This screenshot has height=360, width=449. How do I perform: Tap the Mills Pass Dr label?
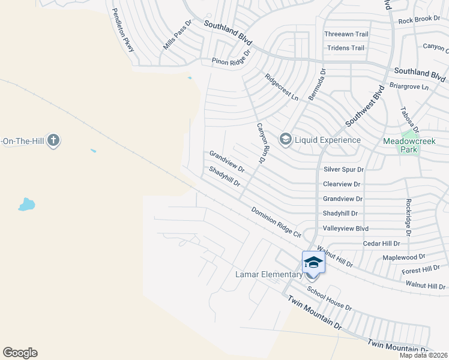tap(178, 35)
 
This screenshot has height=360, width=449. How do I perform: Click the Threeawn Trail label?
tap(346, 34)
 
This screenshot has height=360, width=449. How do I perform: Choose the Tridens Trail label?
tap(345, 48)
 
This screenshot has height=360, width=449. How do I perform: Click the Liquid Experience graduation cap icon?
tap(286, 140)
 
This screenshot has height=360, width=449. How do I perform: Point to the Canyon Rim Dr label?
tap(264, 144)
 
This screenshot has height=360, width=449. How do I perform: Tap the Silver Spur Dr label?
tap(343, 170)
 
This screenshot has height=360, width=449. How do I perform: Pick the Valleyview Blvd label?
tap(345, 229)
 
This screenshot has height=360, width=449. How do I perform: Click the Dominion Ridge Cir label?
tap(276, 222)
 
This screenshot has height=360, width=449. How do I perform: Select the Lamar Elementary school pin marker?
tap(313, 263)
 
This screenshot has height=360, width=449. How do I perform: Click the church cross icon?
tap(53, 141)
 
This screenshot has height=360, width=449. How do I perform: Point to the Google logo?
tap(20, 353)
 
